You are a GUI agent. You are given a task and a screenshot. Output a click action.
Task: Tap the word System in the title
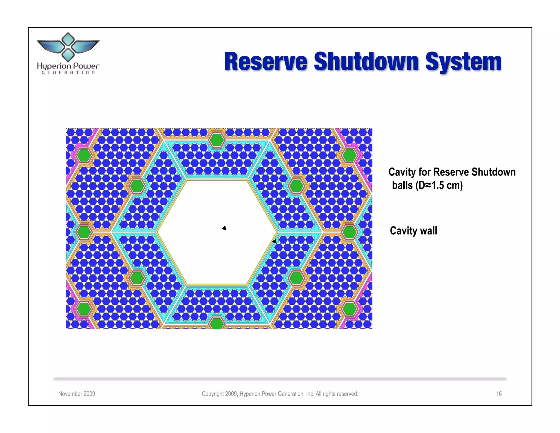coord(463,62)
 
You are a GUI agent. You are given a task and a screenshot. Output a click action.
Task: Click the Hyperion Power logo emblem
coord(68,47)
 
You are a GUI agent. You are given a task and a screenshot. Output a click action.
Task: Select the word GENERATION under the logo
coord(68,73)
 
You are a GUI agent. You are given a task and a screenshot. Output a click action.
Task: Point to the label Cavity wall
coord(413,230)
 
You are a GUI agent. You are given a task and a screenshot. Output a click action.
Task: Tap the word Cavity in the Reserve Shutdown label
coord(402,172)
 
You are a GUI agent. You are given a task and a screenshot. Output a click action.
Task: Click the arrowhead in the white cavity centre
coord(224,228)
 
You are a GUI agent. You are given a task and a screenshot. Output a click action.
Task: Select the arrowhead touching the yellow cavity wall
coord(274,241)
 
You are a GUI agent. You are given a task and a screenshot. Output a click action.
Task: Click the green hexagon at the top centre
coord(217,140)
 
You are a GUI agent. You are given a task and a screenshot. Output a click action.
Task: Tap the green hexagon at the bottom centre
coord(217,324)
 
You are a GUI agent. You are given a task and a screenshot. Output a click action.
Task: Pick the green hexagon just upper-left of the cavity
coord(137,186)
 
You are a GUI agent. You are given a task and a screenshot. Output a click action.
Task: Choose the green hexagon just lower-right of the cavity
coord(296,278)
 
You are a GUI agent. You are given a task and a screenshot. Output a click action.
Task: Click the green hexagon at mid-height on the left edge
coord(84,232)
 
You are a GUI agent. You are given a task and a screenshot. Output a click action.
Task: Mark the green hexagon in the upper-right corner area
coord(349,155)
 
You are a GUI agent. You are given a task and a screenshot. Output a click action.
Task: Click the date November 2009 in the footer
coord(77,394)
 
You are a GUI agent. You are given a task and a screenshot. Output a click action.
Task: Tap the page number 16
coord(498,394)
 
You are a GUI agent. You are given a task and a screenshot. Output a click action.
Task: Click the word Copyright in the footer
coord(213,394)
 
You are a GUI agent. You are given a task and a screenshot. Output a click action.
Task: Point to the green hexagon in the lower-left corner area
coord(84,309)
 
